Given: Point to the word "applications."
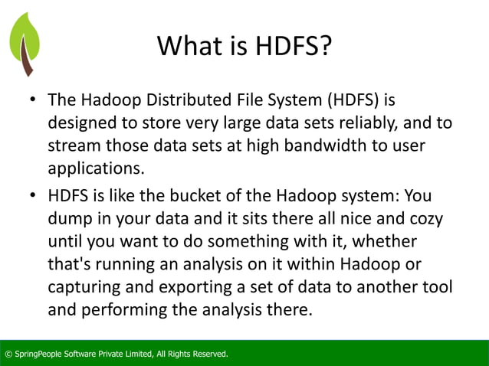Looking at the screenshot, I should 96,168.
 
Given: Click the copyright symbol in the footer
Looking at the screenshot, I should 8,354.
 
